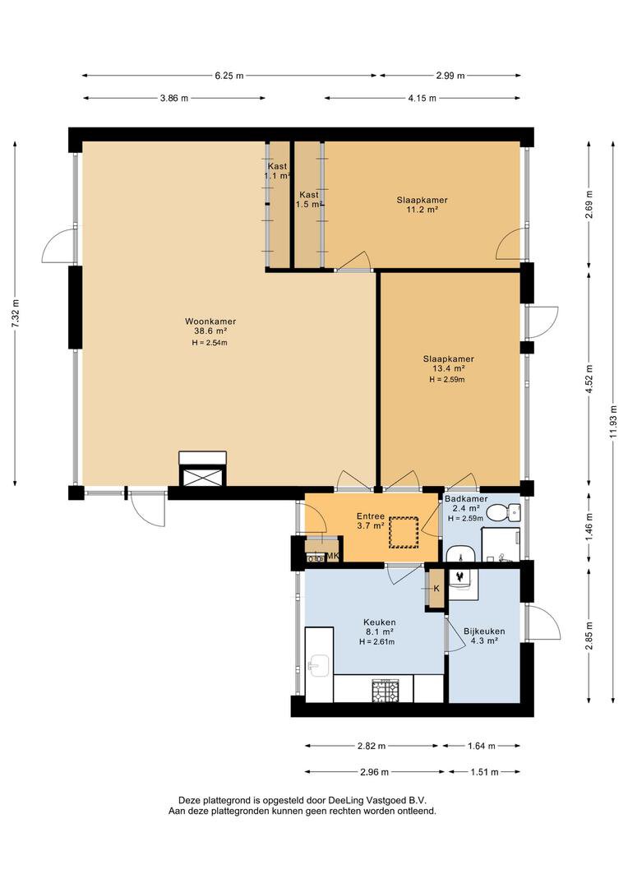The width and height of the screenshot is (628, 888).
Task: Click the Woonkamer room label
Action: click(205, 321)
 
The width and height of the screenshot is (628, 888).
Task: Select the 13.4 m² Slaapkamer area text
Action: click(448, 369)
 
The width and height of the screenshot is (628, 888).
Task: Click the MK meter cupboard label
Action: click(333, 557)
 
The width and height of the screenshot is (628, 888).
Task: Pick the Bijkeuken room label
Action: click(484, 631)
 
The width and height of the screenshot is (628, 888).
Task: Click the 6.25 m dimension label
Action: click(229, 76)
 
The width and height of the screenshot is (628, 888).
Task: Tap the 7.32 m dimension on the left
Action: click(15, 313)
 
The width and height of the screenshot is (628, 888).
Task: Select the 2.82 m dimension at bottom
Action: click(371, 747)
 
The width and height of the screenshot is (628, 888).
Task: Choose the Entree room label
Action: click(370, 516)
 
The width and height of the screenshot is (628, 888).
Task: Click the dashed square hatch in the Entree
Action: click(404, 530)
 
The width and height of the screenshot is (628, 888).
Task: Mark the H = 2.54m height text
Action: click(205, 342)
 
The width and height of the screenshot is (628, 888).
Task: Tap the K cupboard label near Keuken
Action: click(436, 588)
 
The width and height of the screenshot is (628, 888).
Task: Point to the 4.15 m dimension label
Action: click(422, 98)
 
